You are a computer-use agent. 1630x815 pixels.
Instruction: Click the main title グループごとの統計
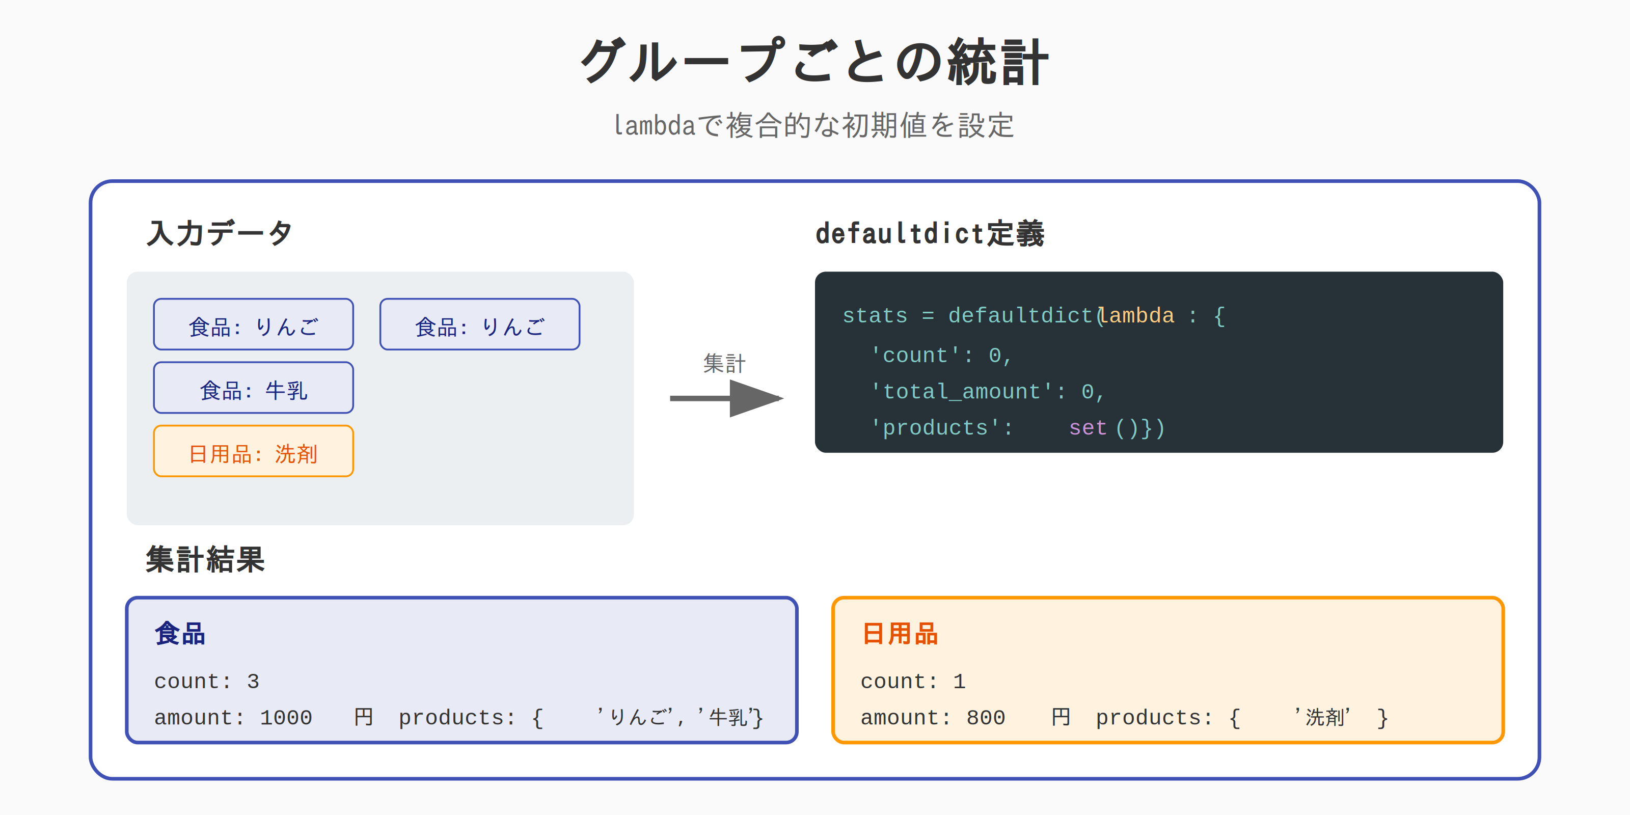point(814,61)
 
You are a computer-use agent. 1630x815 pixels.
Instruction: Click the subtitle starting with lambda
point(814,125)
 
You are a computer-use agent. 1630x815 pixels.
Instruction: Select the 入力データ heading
point(220,233)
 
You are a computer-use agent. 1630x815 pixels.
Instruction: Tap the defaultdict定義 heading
point(930,233)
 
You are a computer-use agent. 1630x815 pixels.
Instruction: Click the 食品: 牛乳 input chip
point(253,387)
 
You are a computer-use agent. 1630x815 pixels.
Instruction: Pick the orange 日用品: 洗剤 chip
point(253,451)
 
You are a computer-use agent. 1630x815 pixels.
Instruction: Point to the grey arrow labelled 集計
point(726,398)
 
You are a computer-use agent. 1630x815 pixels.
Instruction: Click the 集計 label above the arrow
point(724,363)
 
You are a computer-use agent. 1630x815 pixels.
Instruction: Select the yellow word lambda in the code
point(1136,315)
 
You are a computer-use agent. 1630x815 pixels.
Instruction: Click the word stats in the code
point(875,315)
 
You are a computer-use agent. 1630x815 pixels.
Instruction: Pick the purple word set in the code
point(1088,428)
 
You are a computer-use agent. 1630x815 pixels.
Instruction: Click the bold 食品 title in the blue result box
point(180,633)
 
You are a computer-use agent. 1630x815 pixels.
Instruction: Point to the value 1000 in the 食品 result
point(286,718)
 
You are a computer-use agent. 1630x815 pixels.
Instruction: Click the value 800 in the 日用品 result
point(986,718)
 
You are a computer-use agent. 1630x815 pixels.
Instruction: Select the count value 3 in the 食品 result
point(253,682)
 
